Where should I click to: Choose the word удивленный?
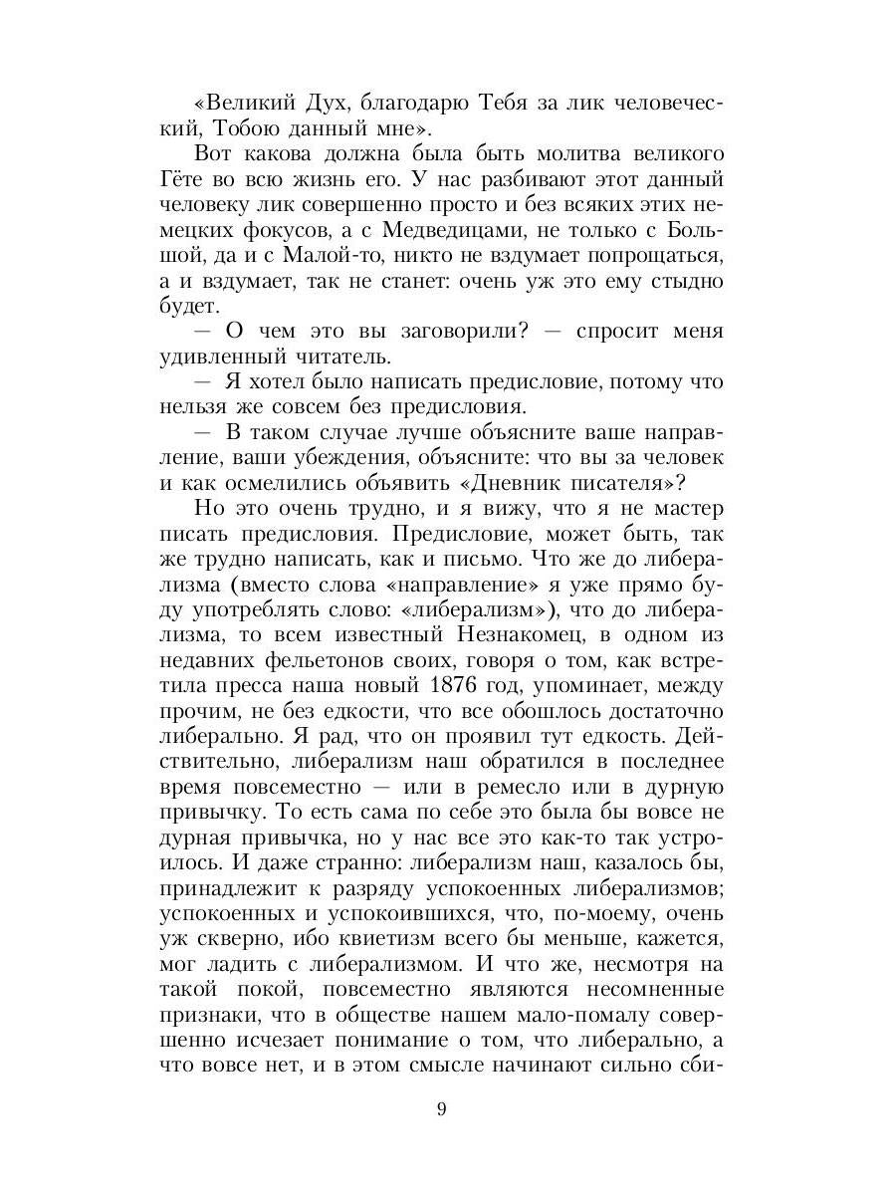pos(222,355)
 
